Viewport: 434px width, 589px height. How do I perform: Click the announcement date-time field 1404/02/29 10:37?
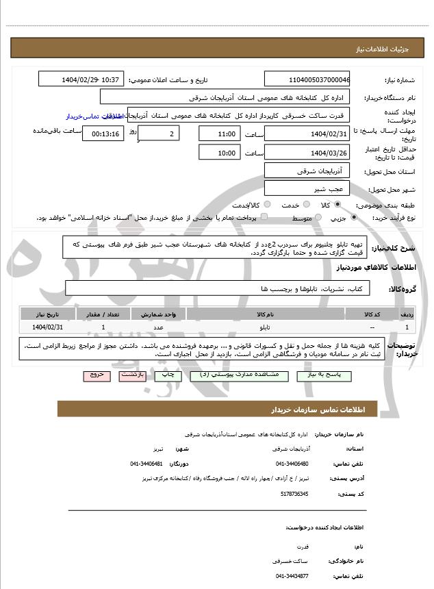tap(81, 80)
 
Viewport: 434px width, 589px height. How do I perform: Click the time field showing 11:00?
tap(220, 133)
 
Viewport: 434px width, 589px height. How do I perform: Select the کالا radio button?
tap(337, 204)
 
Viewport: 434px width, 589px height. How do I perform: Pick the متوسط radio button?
tap(317, 218)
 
